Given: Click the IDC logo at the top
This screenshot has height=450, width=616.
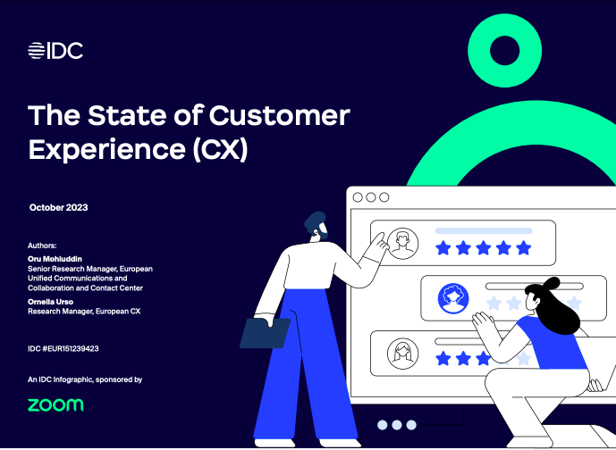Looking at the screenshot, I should coord(55,51).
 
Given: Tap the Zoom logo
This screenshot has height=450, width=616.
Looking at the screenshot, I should coord(55,404).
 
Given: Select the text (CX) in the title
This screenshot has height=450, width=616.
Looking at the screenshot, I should coord(219,149).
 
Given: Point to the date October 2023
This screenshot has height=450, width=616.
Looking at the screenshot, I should coord(58,207).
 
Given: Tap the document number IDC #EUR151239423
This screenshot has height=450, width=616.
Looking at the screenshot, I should coord(63,347).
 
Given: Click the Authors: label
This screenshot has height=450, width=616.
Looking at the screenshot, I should coord(42,244).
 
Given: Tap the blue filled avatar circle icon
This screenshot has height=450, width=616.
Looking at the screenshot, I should coord(453,298).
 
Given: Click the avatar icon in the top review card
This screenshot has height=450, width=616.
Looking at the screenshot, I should coord(403,241).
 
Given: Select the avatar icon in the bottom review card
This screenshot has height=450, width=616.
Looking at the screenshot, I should coord(403,353).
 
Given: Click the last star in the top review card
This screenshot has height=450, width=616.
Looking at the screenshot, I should coord(523,247).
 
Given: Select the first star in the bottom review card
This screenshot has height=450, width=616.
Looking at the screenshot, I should coord(443,358).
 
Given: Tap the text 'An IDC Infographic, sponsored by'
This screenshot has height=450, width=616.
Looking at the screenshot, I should coord(85,379).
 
